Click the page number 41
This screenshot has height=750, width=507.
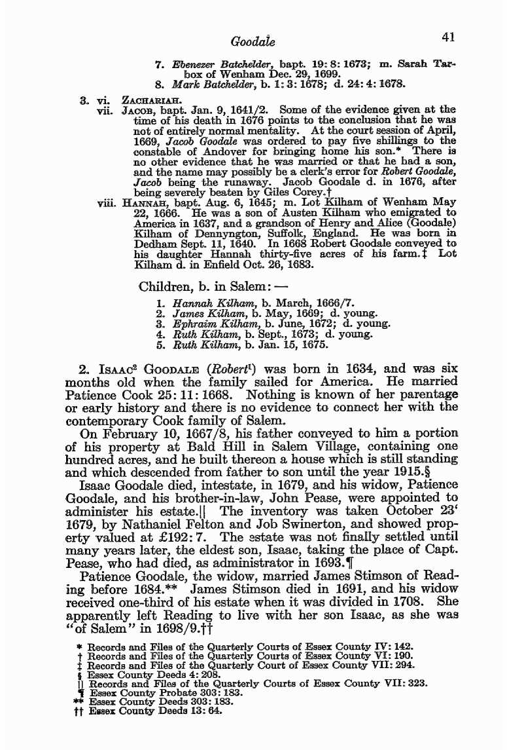pyautogui.click(x=448, y=37)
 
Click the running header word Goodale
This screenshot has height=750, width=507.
pyautogui.click(x=253, y=42)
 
